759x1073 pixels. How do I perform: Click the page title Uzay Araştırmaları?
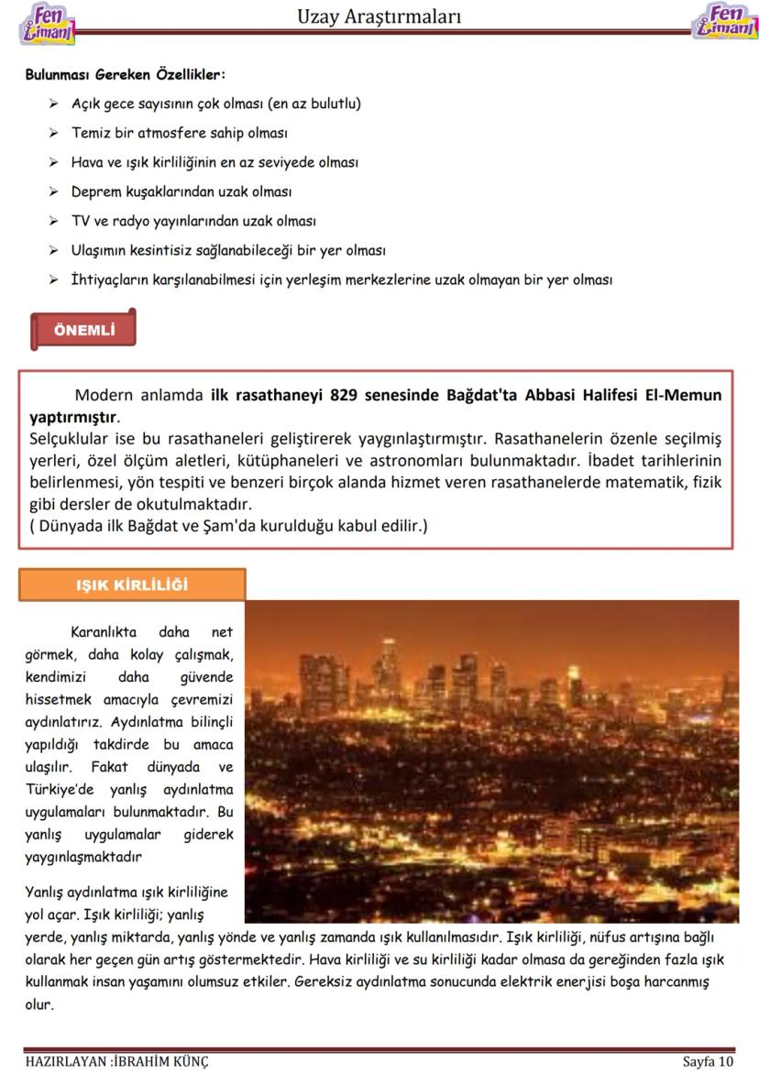click(379, 16)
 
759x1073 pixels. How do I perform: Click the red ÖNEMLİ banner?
click(83, 331)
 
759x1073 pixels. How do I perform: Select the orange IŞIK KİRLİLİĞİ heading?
click(132, 585)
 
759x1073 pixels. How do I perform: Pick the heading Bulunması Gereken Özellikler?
click(125, 74)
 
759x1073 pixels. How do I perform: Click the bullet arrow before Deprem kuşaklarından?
click(55, 192)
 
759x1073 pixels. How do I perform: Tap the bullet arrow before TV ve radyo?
click(55, 222)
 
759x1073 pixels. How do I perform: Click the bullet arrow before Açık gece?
click(55, 104)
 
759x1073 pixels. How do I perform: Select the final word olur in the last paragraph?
click(39, 1003)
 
